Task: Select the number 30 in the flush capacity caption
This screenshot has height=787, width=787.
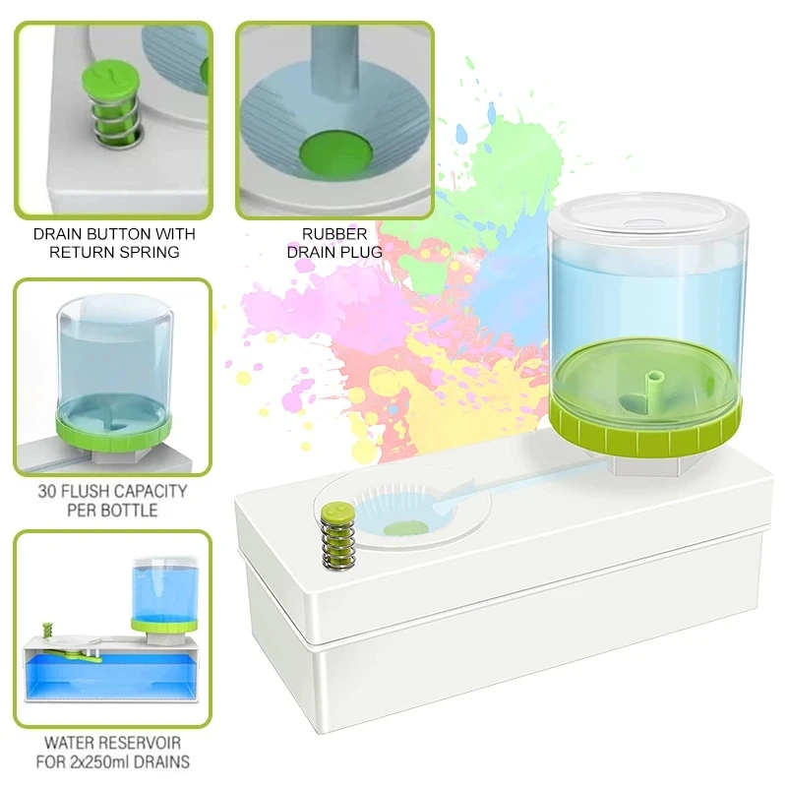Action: click(x=47, y=491)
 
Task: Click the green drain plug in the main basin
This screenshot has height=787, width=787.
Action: click(x=405, y=528)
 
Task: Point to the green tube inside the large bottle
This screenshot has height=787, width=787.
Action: click(x=653, y=393)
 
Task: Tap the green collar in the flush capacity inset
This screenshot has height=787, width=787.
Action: click(x=113, y=434)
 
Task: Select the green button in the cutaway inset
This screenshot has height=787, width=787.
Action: click(x=47, y=629)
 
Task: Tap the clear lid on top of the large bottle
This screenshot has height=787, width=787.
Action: click(x=648, y=220)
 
